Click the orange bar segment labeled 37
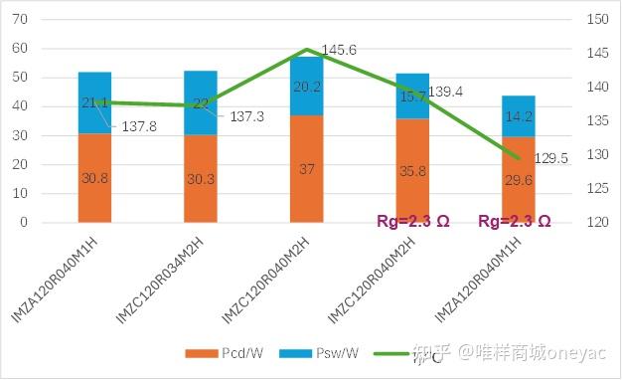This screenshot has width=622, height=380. pos(306,169)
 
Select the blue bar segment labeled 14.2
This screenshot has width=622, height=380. pos(517,115)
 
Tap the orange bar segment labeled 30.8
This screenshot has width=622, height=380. pos(94,177)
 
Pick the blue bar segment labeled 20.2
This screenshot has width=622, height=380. pos(306,86)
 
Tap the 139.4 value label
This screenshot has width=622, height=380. pos(445,91)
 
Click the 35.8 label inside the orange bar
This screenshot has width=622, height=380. pos(411,170)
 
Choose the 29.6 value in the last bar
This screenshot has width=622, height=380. pos(517,179)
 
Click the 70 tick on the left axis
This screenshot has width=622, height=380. pos(21,20)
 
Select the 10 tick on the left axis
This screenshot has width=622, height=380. pos(21,194)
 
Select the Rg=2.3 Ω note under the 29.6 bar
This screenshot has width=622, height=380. pos(514,221)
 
